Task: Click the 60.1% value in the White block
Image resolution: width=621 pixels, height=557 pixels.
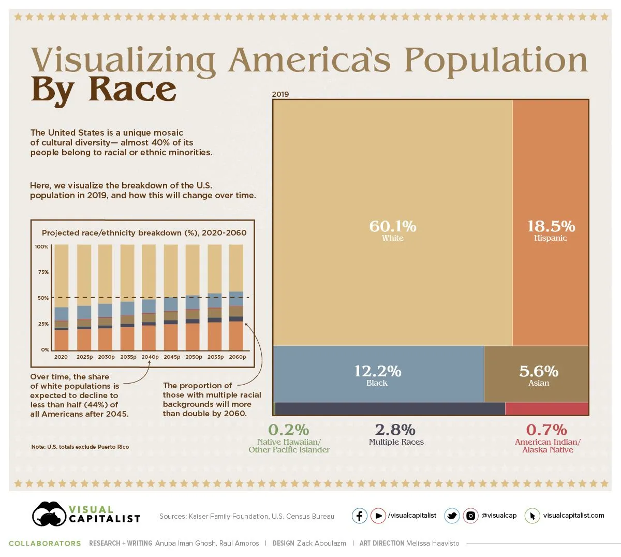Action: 392,226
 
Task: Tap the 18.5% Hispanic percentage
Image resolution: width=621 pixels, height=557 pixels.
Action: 551,226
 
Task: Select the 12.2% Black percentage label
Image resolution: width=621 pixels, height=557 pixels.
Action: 377,371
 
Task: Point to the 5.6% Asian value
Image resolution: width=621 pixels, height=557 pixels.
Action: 538,371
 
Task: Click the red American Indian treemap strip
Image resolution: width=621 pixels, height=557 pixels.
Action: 546,409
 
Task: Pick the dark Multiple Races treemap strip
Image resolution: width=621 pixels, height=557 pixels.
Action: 390,409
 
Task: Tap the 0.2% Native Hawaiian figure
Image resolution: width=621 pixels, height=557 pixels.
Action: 288,430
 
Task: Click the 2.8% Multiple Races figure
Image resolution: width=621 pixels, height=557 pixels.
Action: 395,430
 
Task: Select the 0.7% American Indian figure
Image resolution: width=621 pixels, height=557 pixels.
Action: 546,430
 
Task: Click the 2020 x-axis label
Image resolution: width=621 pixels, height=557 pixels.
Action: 61,357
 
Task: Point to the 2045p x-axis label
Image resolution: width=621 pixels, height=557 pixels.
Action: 172,357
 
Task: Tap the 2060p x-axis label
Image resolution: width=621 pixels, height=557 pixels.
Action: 238,357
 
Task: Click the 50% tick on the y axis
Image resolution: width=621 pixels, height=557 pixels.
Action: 43,298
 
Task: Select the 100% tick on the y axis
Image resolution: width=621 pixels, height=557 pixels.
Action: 42,247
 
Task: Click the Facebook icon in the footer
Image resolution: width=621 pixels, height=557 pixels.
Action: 360,516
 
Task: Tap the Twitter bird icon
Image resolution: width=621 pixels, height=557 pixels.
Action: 452,516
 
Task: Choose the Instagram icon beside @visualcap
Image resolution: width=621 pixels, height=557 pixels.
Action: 470,516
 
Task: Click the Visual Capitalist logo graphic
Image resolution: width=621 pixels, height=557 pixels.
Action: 49,514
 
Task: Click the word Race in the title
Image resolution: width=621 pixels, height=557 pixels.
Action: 132,90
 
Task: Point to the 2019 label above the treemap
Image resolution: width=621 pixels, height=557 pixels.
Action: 280,94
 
